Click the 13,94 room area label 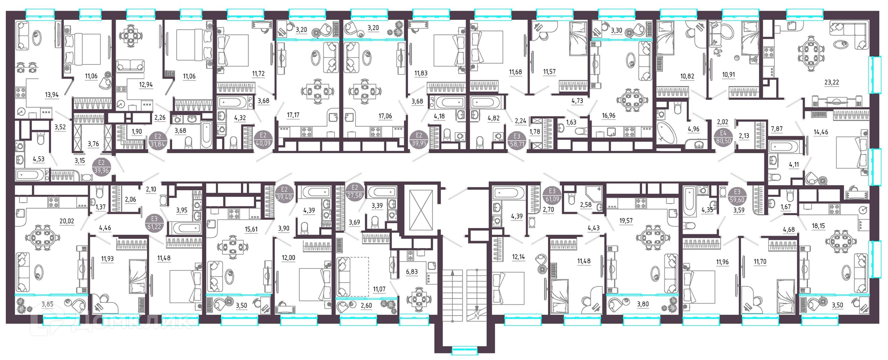click(52, 95)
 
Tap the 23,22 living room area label click(832, 82)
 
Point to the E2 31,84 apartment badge click(158, 140)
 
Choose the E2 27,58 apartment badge click(355, 192)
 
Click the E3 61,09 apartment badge click(552, 195)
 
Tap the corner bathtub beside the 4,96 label click(666, 133)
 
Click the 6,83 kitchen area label click(412, 272)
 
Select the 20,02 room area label click(67, 221)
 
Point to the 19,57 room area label click(626, 221)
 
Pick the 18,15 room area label click(818, 226)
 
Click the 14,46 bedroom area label click(821, 132)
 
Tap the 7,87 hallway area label click(777, 129)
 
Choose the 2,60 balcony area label click(366, 305)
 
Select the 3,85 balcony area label click(47, 304)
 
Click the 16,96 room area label click(609, 115)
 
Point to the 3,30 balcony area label click(616, 31)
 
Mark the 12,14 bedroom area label click(518, 257)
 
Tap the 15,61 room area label click(251, 229)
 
